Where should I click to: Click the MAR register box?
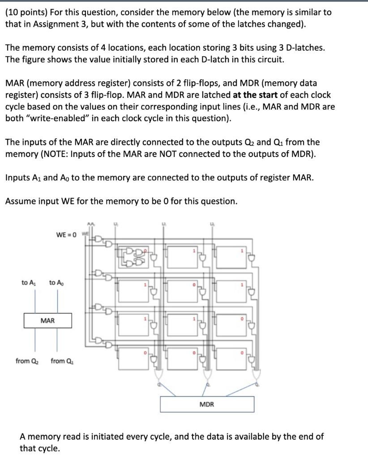(x=47, y=321)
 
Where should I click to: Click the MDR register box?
(x=207, y=404)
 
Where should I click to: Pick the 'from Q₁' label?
(x=62, y=361)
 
